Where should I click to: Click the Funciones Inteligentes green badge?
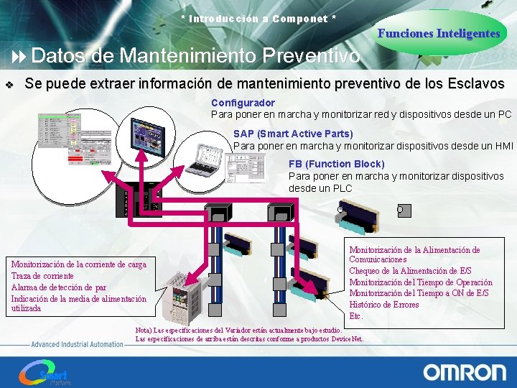point(439,33)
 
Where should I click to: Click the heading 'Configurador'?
point(243,103)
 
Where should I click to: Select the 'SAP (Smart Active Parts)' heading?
point(293,134)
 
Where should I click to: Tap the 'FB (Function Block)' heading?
point(336,164)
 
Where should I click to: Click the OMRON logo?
point(464,372)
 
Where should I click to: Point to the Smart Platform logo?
point(45,373)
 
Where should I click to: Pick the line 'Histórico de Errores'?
point(383,305)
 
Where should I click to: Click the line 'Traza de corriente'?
point(42,276)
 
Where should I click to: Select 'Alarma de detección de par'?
point(59,287)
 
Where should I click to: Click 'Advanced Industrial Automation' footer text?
point(77,344)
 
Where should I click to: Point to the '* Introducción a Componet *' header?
point(258,18)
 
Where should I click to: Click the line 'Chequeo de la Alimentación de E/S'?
point(410,271)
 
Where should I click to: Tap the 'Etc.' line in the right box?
point(356,316)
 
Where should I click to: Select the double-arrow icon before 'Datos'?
point(19,56)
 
